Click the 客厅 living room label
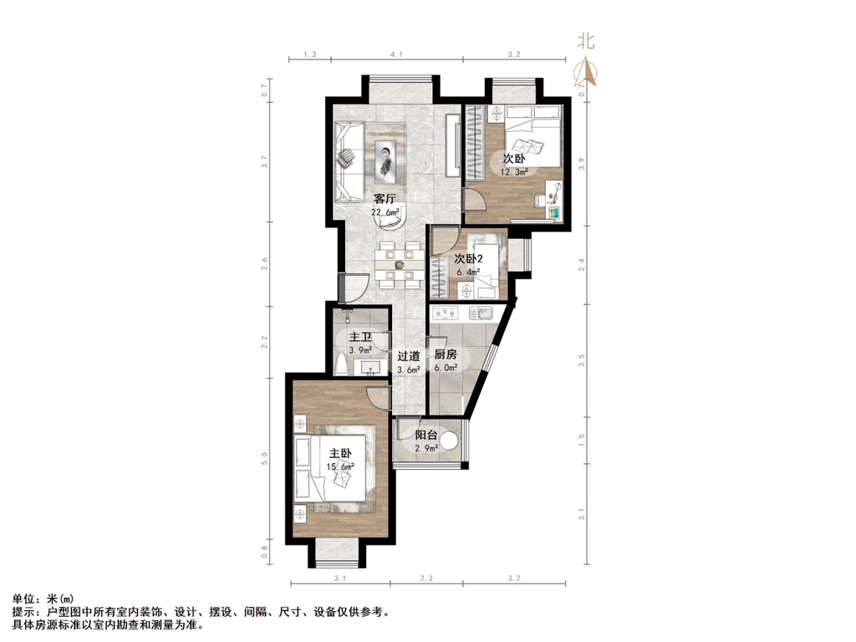[385, 199]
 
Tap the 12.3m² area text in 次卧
[514, 172]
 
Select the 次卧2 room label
[468, 259]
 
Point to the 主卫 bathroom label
[360, 338]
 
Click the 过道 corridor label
[408, 356]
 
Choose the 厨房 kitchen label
[445, 354]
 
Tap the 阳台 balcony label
[425, 435]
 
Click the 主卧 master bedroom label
[340, 454]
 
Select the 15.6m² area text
[340, 466]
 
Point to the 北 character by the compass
[586, 41]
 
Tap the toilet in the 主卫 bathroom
[341, 364]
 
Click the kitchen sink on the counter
[481, 313]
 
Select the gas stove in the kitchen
[446, 313]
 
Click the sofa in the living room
[349, 161]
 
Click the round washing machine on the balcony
[449, 441]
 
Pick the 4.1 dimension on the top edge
[397, 54]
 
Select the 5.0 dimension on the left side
[265, 458]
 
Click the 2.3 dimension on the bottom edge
[426, 578]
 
